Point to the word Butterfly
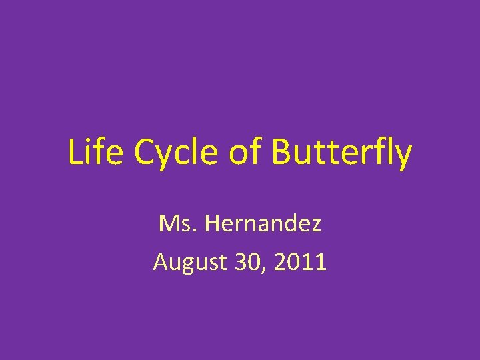(342, 153)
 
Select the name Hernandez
(263, 223)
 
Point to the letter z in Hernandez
(315, 226)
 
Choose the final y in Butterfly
(403, 157)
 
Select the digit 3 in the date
(241, 261)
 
